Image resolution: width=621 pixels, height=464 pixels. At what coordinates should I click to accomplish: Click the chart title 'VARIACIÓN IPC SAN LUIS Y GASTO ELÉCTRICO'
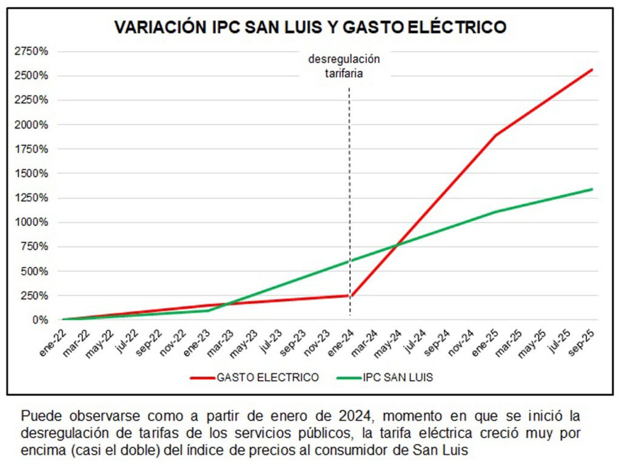click(x=310, y=27)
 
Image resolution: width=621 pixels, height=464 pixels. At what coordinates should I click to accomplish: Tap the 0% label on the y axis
click(x=39, y=320)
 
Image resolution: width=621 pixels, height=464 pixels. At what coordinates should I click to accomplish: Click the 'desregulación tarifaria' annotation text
click(x=344, y=66)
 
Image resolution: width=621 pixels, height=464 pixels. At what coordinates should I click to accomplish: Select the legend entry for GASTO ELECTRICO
click(x=255, y=377)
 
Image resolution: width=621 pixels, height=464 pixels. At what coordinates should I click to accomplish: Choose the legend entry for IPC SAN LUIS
click(x=385, y=377)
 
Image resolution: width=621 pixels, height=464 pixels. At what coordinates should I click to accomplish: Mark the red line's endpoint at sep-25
click(x=592, y=69)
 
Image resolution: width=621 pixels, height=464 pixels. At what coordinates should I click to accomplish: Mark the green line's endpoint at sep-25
click(x=592, y=189)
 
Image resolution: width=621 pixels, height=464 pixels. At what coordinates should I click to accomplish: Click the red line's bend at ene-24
click(x=350, y=295)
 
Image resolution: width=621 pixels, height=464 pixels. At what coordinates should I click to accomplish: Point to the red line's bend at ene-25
click(x=496, y=135)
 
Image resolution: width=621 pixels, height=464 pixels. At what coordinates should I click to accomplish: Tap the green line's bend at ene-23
click(x=208, y=311)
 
